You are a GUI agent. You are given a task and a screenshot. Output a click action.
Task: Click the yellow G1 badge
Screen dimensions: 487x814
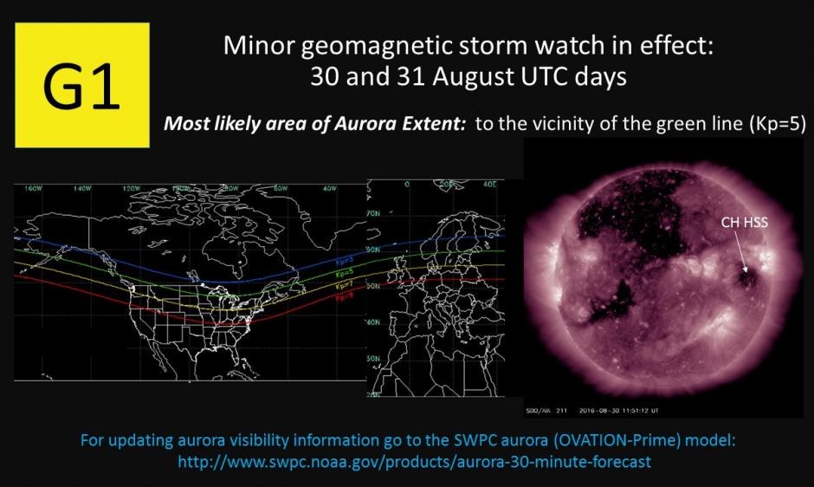82,85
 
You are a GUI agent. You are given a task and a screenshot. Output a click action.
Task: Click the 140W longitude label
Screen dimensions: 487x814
83,187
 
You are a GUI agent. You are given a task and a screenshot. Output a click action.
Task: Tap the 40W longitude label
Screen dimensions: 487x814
327,187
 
